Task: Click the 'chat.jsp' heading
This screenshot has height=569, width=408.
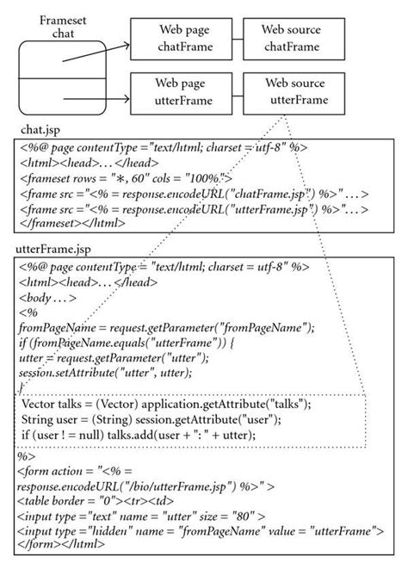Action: click(x=42, y=129)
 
